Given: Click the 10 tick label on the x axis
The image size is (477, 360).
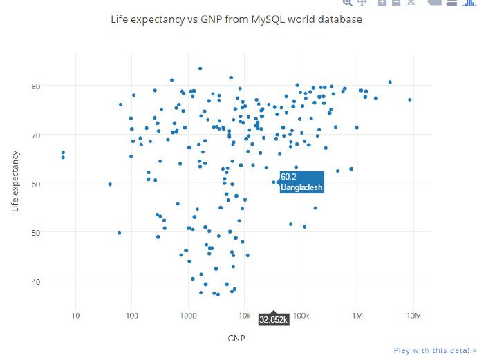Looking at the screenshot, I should pyautogui.click(x=75, y=316).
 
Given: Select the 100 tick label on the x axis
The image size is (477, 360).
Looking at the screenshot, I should pyautogui.click(x=132, y=316).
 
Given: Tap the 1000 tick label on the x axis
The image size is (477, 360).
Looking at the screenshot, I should pyautogui.click(x=188, y=316).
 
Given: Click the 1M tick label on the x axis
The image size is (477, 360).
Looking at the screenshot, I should pyautogui.click(x=357, y=316).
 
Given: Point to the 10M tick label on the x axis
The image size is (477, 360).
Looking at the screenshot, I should pyautogui.click(x=413, y=316).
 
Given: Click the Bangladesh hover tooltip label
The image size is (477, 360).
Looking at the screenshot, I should pyautogui.click(x=301, y=187).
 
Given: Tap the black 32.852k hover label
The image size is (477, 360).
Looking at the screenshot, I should pyautogui.click(x=274, y=320).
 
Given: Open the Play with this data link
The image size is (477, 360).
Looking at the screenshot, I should pyautogui.click(x=435, y=350).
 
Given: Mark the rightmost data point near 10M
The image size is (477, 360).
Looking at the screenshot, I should pyautogui.click(x=410, y=100).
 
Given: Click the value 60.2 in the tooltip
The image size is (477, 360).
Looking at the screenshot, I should pyautogui.click(x=288, y=177).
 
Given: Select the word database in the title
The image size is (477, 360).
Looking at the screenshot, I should pyautogui.click(x=339, y=20).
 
